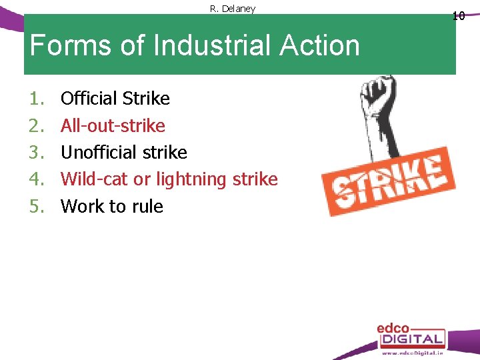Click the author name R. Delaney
point(233,9)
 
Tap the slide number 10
point(458,15)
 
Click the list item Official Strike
point(115,99)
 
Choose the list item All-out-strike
point(113,125)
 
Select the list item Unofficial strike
point(123,152)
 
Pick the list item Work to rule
point(111,206)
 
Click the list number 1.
point(36,99)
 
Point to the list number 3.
point(36,152)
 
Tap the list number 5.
point(36,206)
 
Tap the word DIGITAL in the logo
point(411,339)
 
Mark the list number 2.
point(36,125)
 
